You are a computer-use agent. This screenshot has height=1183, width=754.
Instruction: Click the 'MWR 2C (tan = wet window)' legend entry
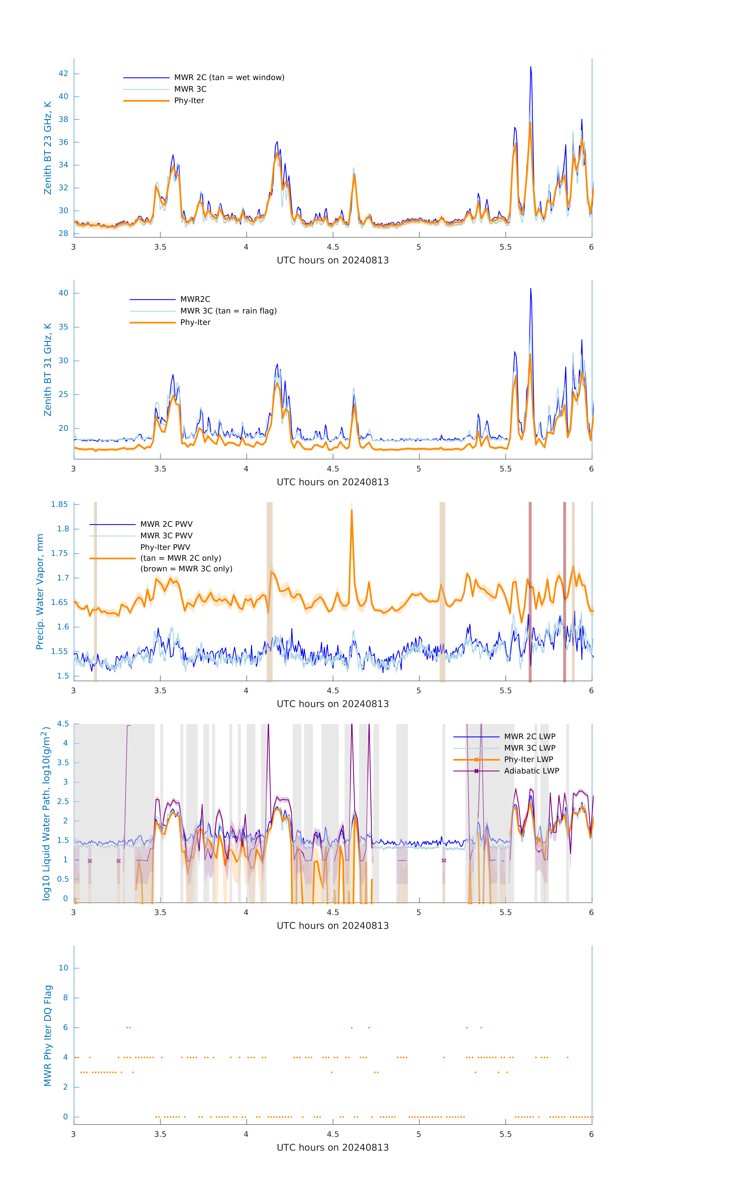[229, 78]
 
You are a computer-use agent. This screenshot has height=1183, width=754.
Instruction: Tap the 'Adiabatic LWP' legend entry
[531, 771]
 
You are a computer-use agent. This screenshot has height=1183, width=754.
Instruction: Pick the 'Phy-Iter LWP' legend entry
[528, 759]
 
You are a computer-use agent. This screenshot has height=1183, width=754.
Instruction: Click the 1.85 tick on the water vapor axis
[60, 505]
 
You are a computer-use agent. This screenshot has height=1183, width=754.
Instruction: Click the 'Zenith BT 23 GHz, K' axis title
[48, 148]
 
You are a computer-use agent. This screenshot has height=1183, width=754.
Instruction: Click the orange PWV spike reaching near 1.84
[352, 511]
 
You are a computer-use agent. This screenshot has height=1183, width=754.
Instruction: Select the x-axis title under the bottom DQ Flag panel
[333, 1148]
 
